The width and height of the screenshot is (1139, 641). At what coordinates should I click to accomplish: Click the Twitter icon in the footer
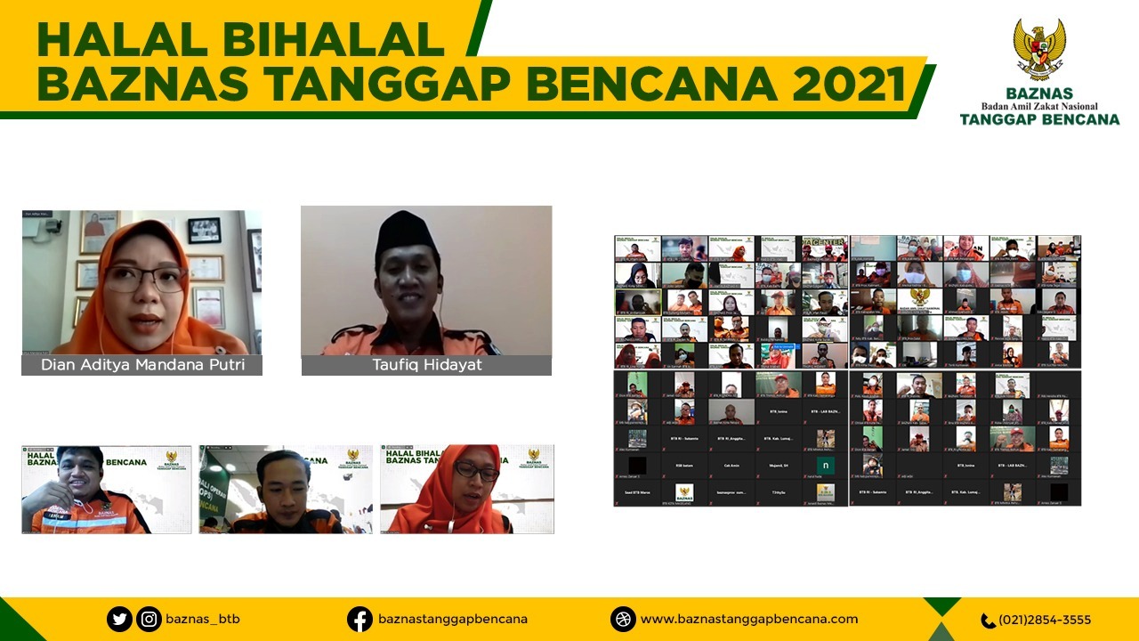[120, 619]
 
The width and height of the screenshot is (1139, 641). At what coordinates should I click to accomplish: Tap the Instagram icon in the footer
[149, 619]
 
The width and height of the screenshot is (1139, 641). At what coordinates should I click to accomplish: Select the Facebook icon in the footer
[359, 619]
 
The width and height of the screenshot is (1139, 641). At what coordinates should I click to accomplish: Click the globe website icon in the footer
[623, 619]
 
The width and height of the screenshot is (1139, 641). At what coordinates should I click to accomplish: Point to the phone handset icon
[988, 621]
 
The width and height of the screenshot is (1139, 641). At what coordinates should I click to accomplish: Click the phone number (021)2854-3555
[1045, 620]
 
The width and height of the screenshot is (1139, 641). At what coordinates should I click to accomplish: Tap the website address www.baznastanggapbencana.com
[749, 619]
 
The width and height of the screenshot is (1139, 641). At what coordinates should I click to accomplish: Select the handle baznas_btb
[203, 619]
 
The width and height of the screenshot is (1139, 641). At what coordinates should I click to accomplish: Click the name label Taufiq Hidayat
[426, 365]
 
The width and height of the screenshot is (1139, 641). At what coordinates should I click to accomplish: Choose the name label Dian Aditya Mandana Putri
[142, 365]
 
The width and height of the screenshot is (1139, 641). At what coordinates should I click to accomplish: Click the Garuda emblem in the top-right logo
[1039, 49]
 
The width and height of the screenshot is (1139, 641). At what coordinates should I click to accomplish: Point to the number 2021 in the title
[849, 84]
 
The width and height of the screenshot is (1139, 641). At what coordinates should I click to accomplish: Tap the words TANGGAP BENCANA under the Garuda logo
[1039, 119]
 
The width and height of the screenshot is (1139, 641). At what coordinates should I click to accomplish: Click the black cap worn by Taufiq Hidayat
[406, 233]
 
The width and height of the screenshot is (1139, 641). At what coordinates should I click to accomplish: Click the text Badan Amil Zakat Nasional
[1039, 106]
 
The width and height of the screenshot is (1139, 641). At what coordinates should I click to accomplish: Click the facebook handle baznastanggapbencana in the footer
[453, 619]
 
